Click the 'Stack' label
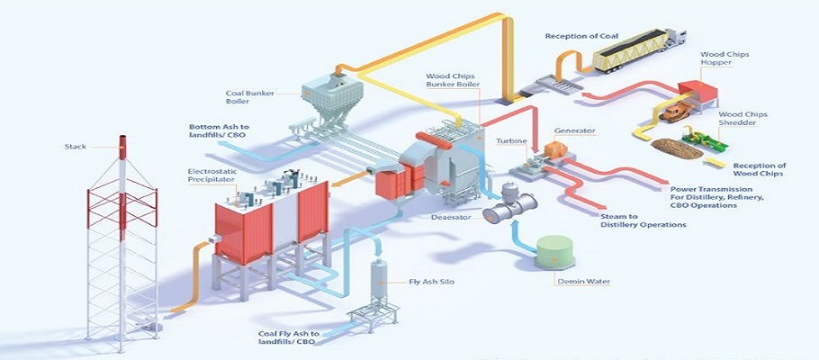76,146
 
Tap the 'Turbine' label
510,140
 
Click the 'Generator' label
574,130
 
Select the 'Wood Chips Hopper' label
725,59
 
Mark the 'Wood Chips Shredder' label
743,120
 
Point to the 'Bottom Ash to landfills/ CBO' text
220,130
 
